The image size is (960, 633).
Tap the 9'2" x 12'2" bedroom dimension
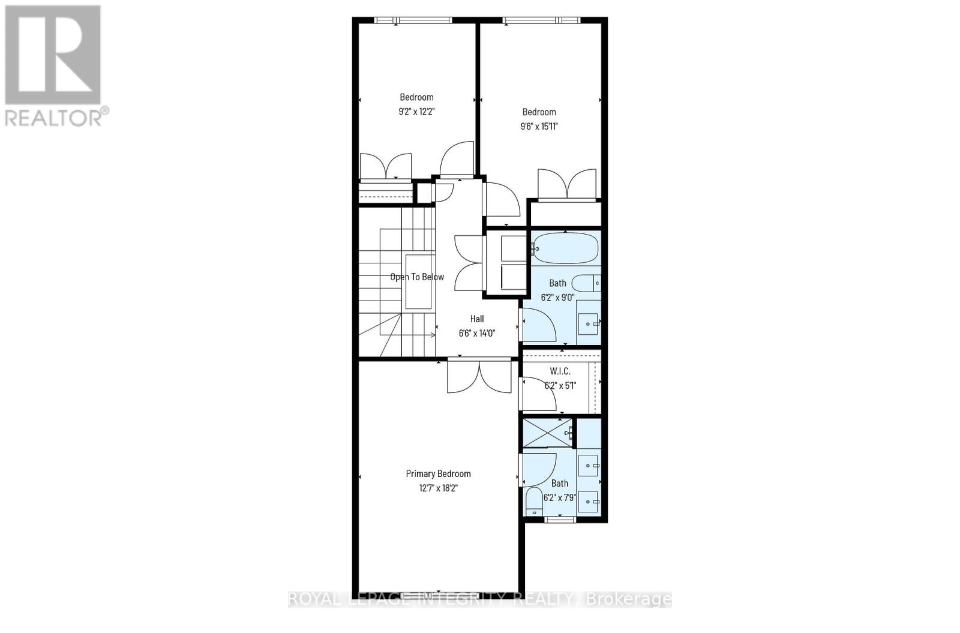click(416, 111)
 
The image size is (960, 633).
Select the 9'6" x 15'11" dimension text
click(539, 126)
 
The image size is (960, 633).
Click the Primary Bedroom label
click(438, 473)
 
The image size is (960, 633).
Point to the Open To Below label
click(417, 277)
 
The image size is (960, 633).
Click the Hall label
click(477, 319)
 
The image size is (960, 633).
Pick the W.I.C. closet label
click(560, 371)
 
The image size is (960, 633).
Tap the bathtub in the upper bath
click(565, 248)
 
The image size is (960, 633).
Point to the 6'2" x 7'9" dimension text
click(559, 497)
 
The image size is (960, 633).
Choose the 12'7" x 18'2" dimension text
click(438, 488)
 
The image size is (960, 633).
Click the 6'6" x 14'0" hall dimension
click(477, 333)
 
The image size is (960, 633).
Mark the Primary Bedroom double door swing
click(479, 377)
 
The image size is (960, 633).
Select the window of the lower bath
click(559, 520)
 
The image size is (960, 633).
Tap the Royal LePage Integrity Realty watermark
click(480, 599)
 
